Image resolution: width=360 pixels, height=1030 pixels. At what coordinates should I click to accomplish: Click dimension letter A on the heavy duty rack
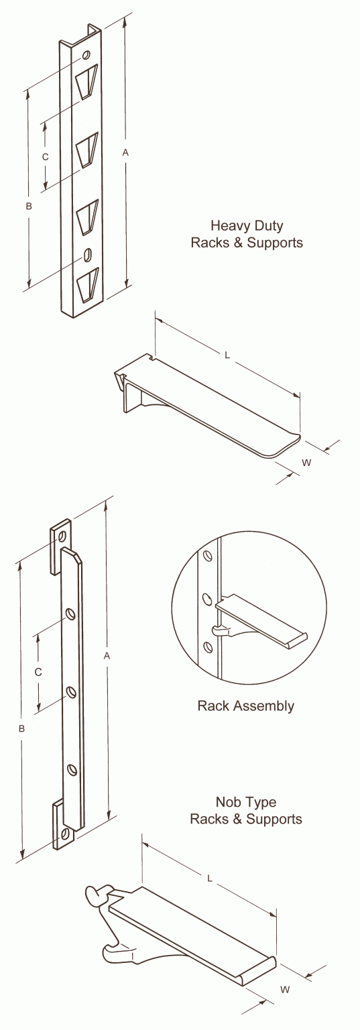[125, 153]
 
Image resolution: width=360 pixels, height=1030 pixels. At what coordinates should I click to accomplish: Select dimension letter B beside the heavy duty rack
[28, 207]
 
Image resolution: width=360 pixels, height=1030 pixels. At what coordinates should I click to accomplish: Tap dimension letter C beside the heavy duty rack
[46, 156]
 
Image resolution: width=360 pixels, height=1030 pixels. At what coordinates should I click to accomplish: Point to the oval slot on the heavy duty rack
[87, 255]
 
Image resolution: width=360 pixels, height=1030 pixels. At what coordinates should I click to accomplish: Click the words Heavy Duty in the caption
[246, 225]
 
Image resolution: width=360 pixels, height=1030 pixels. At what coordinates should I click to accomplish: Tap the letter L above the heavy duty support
[227, 357]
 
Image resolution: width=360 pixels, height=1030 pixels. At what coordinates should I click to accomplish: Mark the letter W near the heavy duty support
[306, 462]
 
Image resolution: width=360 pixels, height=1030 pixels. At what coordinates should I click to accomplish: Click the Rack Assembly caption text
[245, 705]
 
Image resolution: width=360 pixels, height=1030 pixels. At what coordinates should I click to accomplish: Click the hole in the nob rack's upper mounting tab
[62, 536]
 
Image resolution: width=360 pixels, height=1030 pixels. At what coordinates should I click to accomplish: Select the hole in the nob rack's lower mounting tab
[65, 834]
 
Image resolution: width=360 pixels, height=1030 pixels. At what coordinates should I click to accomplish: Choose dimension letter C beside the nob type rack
[38, 671]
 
